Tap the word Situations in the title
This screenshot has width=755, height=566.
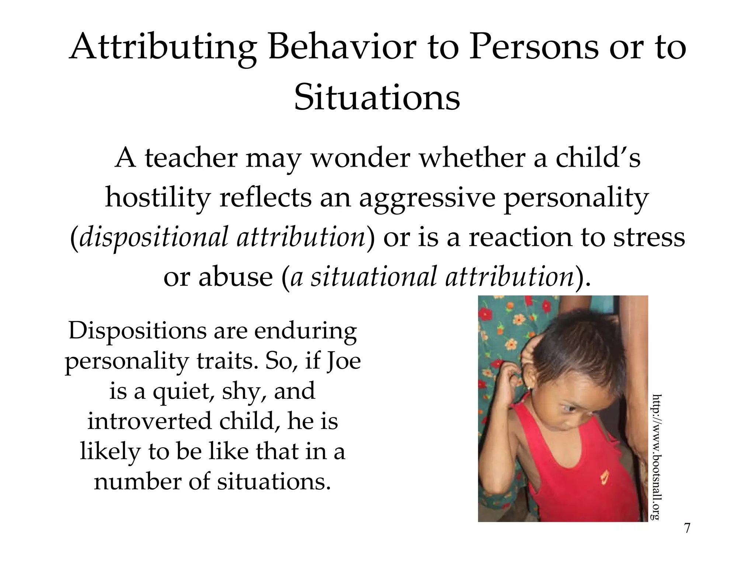[x=377, y=98]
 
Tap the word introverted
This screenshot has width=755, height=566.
[x=149, y=421]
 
